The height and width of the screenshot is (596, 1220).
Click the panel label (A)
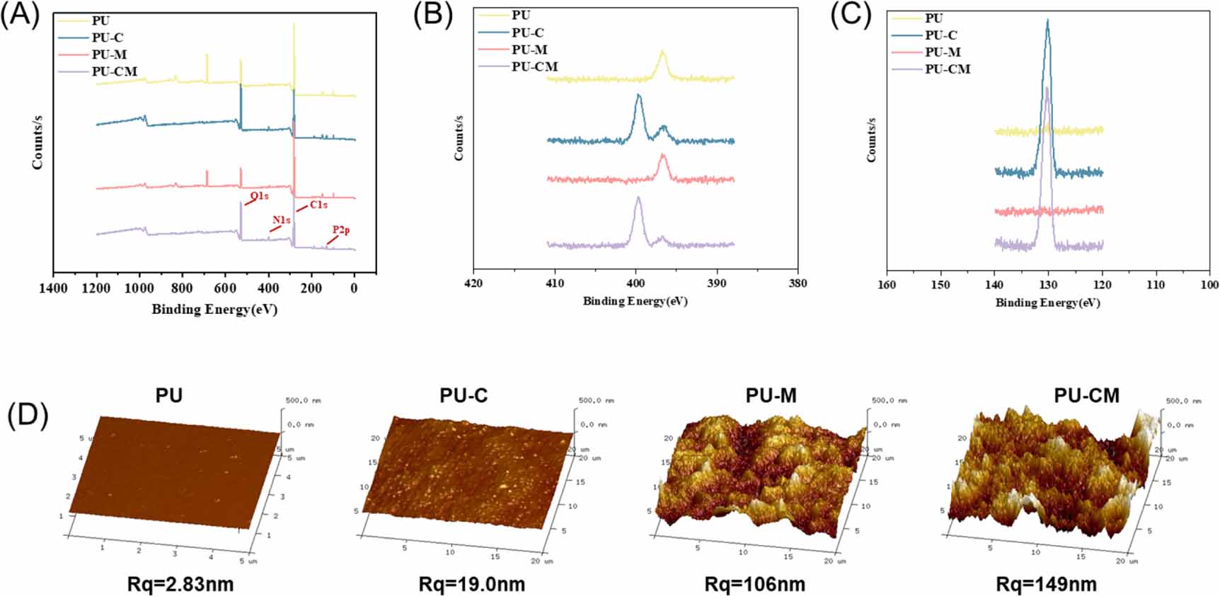(20, 16)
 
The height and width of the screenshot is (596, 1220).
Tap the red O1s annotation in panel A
(259, 196)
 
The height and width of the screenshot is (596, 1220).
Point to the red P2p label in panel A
(341, 230)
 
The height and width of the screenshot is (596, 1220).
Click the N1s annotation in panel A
(281, 221)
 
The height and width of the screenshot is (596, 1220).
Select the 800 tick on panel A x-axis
(182, 288)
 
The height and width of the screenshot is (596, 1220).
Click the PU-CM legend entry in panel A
(114, 71)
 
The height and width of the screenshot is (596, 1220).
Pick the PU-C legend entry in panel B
(527, 33)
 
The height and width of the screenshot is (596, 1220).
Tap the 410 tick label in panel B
(555, 284)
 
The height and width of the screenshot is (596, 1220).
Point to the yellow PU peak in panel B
(662, 52)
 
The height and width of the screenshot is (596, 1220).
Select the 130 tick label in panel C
(1048, 285)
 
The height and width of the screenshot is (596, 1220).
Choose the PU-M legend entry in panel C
(943, 52)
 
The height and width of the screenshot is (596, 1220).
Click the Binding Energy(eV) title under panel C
(1047, 303)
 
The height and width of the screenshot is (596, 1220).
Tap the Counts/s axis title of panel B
(459, 137)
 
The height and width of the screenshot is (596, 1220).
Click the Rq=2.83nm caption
(180, 585)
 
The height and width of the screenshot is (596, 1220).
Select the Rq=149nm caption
(1046, 585)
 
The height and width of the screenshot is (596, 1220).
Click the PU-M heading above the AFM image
(771, 396)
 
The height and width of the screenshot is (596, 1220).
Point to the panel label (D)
(27, 416)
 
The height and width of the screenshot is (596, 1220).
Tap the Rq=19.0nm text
(471, 585)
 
